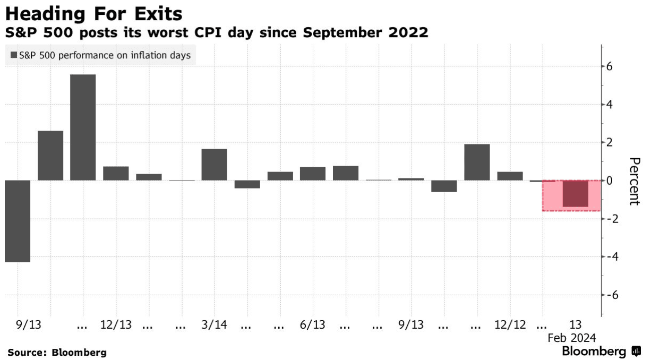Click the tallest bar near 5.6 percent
click(83, 127)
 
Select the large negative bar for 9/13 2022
click(17, 221)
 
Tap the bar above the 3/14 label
click(214, 165)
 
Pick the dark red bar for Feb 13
click(576, 194)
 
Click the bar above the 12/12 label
click(510, 176)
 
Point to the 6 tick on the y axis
click(610, 66)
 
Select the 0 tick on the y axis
click(610, 181)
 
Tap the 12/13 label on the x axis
click(116, 324)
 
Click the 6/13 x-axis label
click(313, 324)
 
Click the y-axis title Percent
click(633, 181)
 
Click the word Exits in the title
click(154, 13)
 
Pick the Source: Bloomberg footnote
click(57, 352)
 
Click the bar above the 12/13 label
click(116, 174)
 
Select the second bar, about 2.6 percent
click(50, 156)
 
